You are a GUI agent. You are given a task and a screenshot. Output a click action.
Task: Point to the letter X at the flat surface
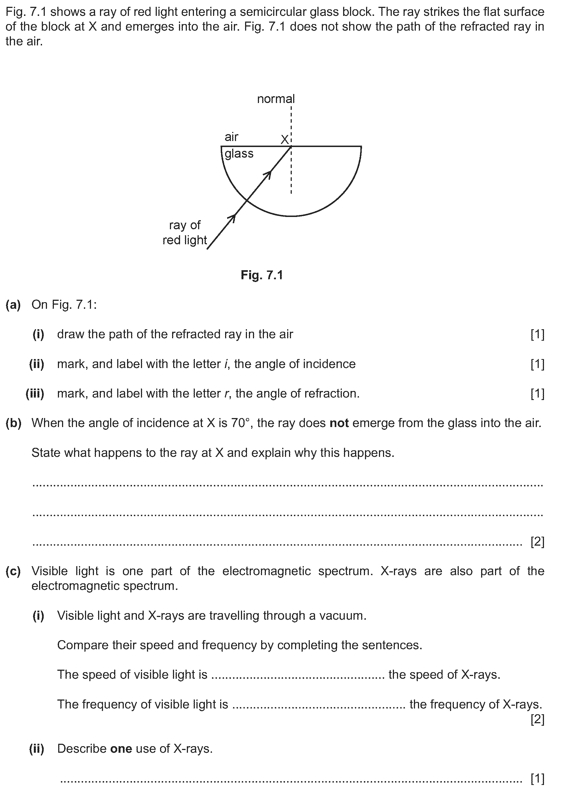pyautogui.click(x=285, y=140)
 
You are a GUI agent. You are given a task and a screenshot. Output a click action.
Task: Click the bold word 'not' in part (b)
pyautogui.click(x=339, y=423)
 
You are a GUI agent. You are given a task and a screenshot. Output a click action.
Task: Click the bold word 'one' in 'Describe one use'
pyautogui.click(x=121, y=748)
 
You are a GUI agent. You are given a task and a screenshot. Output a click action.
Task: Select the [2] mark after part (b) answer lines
pyautogui.click(x=537, y=542)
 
